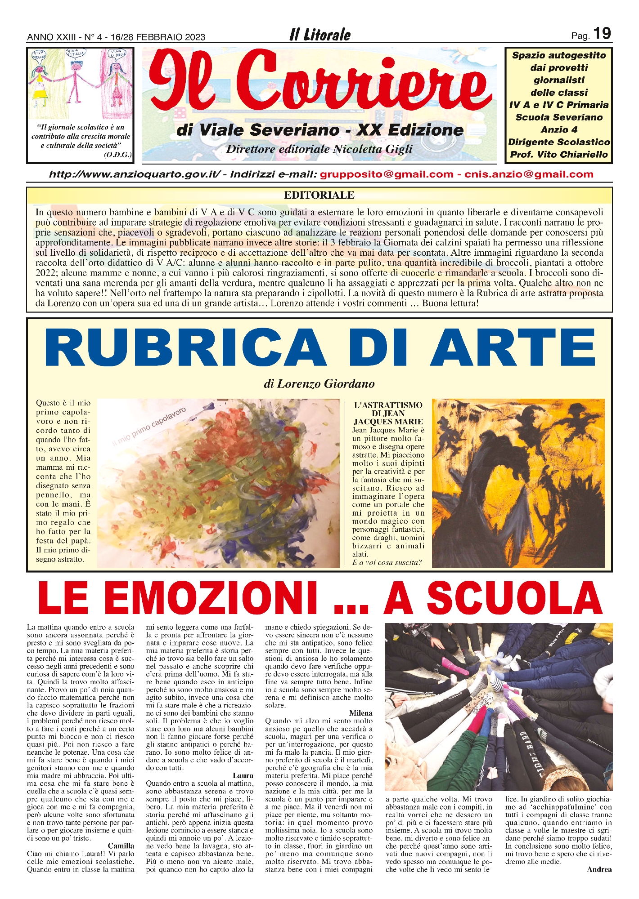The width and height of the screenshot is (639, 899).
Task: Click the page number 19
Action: click(602, 34)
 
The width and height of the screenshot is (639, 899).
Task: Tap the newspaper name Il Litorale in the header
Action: click(320, 35)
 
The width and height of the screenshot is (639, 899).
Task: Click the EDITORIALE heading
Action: click(319, 195)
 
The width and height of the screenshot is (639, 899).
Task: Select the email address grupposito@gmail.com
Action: click(387, 174)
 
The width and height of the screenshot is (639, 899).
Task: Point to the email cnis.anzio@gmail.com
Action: click(529, 174)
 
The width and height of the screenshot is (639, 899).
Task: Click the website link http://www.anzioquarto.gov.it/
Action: click(135, 174)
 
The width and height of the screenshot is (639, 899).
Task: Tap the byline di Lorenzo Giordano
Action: click(319, 384)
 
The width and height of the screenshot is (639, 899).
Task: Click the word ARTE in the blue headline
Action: click(513, 348)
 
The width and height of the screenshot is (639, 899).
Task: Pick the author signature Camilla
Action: click(121, 846)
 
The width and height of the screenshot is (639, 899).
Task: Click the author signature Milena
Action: click(360, 713)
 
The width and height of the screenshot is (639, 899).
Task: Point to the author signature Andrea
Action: click(599, 869)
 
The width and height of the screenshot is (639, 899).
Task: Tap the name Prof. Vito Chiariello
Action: click(559, 155)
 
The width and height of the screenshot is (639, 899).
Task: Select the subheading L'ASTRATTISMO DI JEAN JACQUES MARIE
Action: click(388, 413)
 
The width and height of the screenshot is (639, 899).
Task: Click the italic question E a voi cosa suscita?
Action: click(387, 563)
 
